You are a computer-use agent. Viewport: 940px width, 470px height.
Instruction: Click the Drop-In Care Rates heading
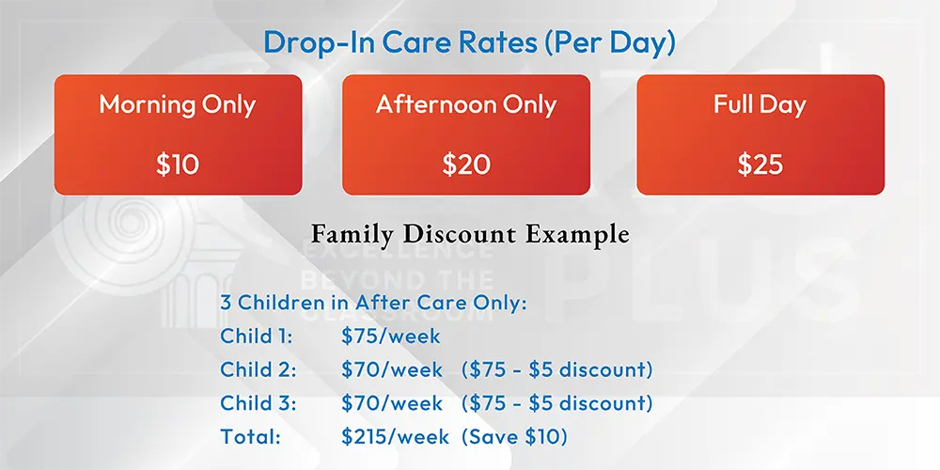[469, 42]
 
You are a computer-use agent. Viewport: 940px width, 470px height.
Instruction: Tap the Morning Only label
[178, 105]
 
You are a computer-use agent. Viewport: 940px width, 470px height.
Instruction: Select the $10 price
[178, 164]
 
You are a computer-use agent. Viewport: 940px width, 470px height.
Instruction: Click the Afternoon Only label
[466, 105]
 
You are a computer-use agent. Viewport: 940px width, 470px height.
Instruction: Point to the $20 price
[466, 164]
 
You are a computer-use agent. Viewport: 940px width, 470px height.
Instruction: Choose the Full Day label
[760, 105]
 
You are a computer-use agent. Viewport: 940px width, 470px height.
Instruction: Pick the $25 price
[760, 164]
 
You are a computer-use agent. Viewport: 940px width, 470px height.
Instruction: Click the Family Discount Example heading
[471, 234]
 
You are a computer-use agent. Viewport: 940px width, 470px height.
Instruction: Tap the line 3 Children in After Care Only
[373, 302]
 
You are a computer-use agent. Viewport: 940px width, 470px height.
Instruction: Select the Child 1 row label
[256, 336]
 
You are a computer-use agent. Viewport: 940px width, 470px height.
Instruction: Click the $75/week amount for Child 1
[391, 336]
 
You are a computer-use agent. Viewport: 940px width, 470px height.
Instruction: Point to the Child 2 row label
[258, 369]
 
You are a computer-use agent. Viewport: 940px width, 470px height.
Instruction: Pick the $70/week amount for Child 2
[392, 369]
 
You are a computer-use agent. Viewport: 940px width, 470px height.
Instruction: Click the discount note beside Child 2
[556, 369]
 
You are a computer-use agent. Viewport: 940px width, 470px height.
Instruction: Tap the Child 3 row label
[258, 403]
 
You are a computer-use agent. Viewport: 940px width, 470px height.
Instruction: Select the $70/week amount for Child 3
[392, 403]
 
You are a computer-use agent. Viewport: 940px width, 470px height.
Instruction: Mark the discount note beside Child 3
[556, 403]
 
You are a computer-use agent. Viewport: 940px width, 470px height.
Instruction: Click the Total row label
[251, 436]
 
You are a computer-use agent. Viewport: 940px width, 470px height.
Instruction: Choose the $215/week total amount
[395, 436]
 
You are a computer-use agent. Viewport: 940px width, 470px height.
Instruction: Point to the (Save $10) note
[514, 436]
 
